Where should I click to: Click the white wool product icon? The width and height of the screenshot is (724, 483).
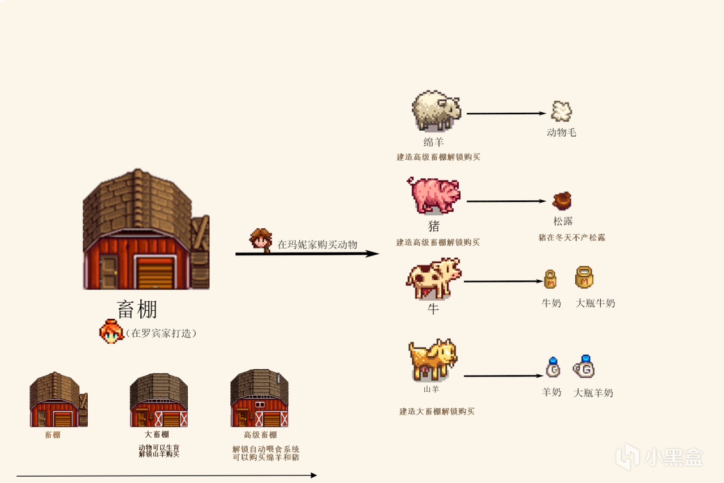click(561, 112)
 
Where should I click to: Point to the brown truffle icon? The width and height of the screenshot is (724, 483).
click(562, 201)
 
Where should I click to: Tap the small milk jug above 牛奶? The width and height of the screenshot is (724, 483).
click(550, 279)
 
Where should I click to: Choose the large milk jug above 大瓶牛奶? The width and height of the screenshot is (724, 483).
click(584, 277)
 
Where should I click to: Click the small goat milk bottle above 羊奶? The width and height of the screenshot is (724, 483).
click(553, 368)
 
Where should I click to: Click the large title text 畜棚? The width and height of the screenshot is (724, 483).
click(137, 309)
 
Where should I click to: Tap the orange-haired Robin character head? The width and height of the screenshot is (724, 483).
click(111, 331)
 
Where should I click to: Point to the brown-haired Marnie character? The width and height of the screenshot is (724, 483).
click(260, 240)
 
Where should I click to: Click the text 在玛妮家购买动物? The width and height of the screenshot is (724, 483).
click(317, 245)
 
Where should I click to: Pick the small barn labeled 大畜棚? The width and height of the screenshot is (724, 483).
click(158, 400)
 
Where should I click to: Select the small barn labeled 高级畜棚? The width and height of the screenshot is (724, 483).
click(260, 399)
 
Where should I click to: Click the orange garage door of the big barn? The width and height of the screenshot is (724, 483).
click(154, 273)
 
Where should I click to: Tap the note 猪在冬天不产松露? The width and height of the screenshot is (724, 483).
click(571, 238)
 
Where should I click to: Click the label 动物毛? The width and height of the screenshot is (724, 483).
click(561, 132)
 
